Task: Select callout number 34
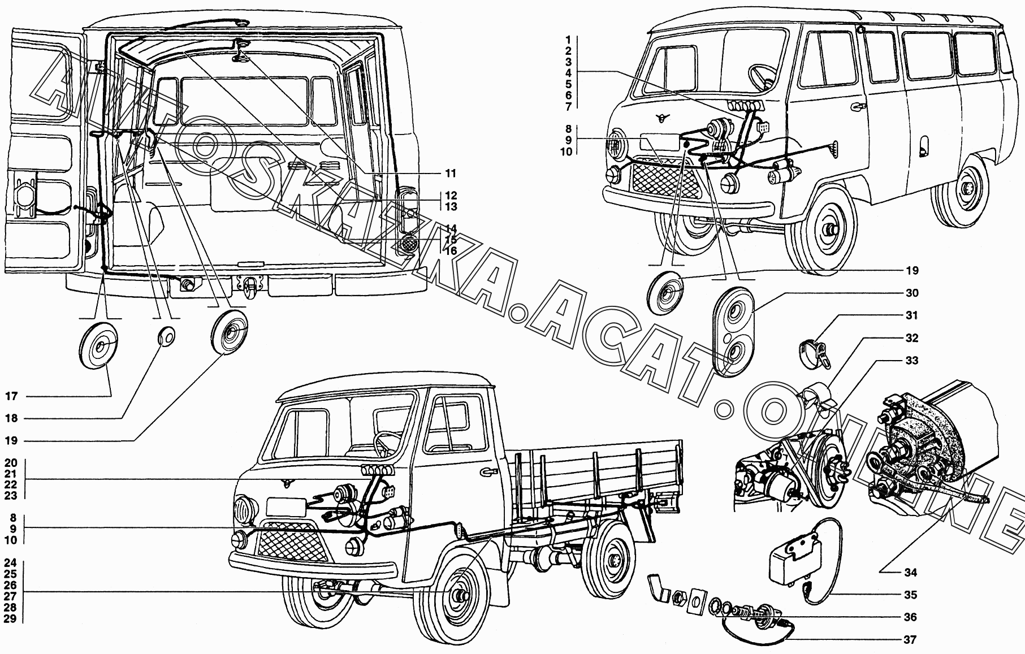click(x=910, y=573)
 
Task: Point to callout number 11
click(x=451, y=174)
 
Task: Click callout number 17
click(x=12, y=397)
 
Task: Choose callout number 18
click(x=12, y=419)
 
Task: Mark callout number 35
click(x=910, y=595)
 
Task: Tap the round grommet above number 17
click(x=100, y=346)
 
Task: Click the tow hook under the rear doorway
click(x=249, y=288)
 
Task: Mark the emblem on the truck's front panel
click(x=286, y=482)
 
